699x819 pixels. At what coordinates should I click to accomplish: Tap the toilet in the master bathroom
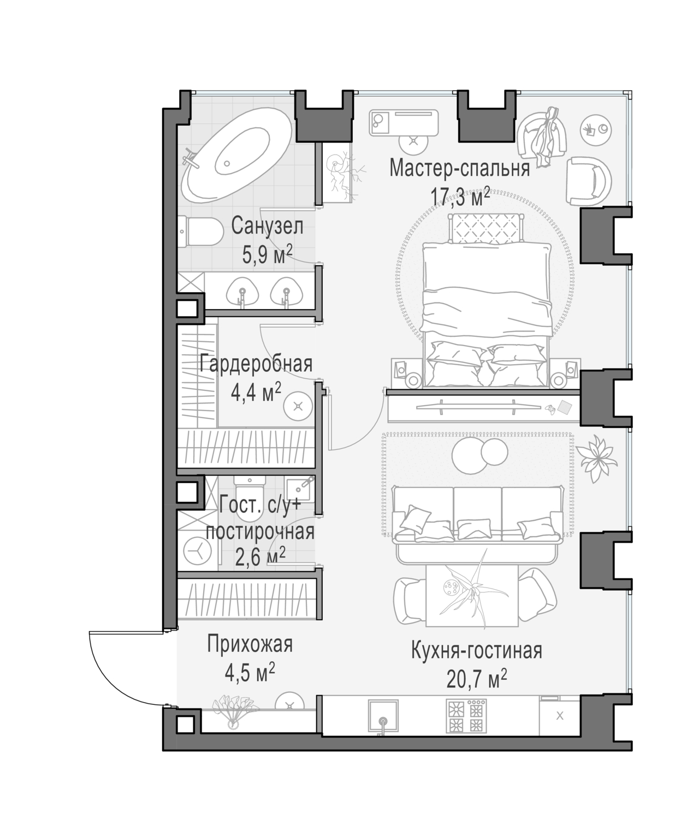[x=200, y=231]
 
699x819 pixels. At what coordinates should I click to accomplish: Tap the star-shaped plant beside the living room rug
[x=596, y=458]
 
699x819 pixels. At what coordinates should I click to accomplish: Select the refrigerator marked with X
[x=560, y=716]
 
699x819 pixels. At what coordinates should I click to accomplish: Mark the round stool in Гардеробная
[x=298, y=406]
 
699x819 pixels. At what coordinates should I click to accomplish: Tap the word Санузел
[x=267, y=226]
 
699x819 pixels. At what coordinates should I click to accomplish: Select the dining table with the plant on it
[x=471, y=596]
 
